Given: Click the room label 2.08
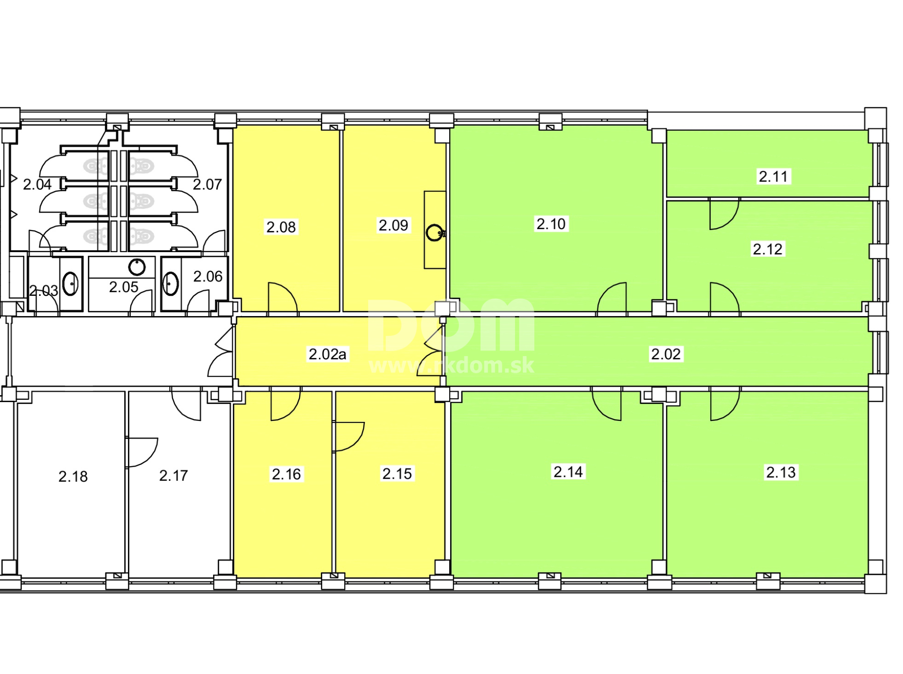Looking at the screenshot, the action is click(281, 227).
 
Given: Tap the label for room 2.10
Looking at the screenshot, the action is click(551, 224).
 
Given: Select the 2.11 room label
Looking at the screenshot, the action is click(773, 176).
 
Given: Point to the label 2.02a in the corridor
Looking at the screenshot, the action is click(327, 354).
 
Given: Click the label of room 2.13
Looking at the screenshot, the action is click(781, 472).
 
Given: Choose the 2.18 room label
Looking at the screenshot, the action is click(73, 476).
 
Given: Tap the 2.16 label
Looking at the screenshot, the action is click(286, 474).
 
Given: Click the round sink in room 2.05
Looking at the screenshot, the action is click(137, 267).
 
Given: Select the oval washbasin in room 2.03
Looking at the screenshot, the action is click(71, 284).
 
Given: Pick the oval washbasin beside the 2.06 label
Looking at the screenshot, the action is click(171, 284).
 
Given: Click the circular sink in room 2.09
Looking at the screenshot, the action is click(435, 233).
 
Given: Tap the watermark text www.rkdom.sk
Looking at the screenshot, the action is click(451, 365).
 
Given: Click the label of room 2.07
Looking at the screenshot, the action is click(207, 184).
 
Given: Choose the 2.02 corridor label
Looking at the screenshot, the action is click(665, 354).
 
